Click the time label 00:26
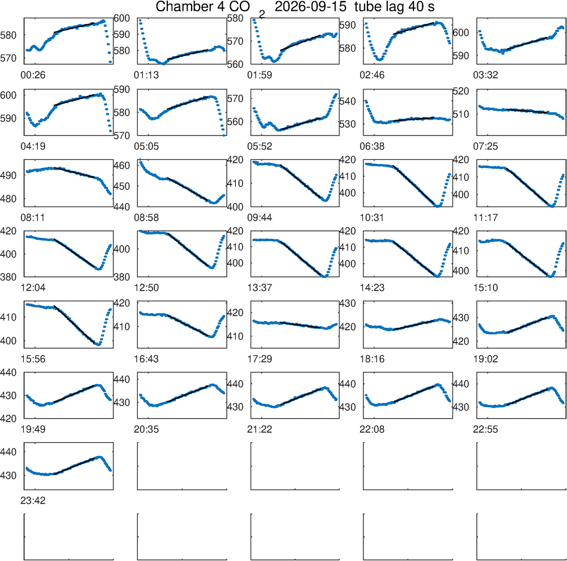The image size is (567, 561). coord(33,75)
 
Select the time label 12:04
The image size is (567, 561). coord(33,288)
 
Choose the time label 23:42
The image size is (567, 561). coord(33,500)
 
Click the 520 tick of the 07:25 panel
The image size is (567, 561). coord(460,91)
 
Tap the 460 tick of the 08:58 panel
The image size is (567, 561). coord(121,166)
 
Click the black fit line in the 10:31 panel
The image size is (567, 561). coord(414,185)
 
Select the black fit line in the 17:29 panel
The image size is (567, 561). coord(300,325)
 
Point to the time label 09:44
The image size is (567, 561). coord(259,217)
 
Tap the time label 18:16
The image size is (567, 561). coord(372,359)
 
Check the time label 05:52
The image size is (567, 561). coord(259,146)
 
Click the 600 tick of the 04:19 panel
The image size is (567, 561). coord(9,95)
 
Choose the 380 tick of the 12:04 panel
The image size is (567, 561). coord(9,277)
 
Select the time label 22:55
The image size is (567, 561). coord(485,429)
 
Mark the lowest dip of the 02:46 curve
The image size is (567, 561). coord(379,60)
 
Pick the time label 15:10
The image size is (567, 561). coord(485,288)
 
